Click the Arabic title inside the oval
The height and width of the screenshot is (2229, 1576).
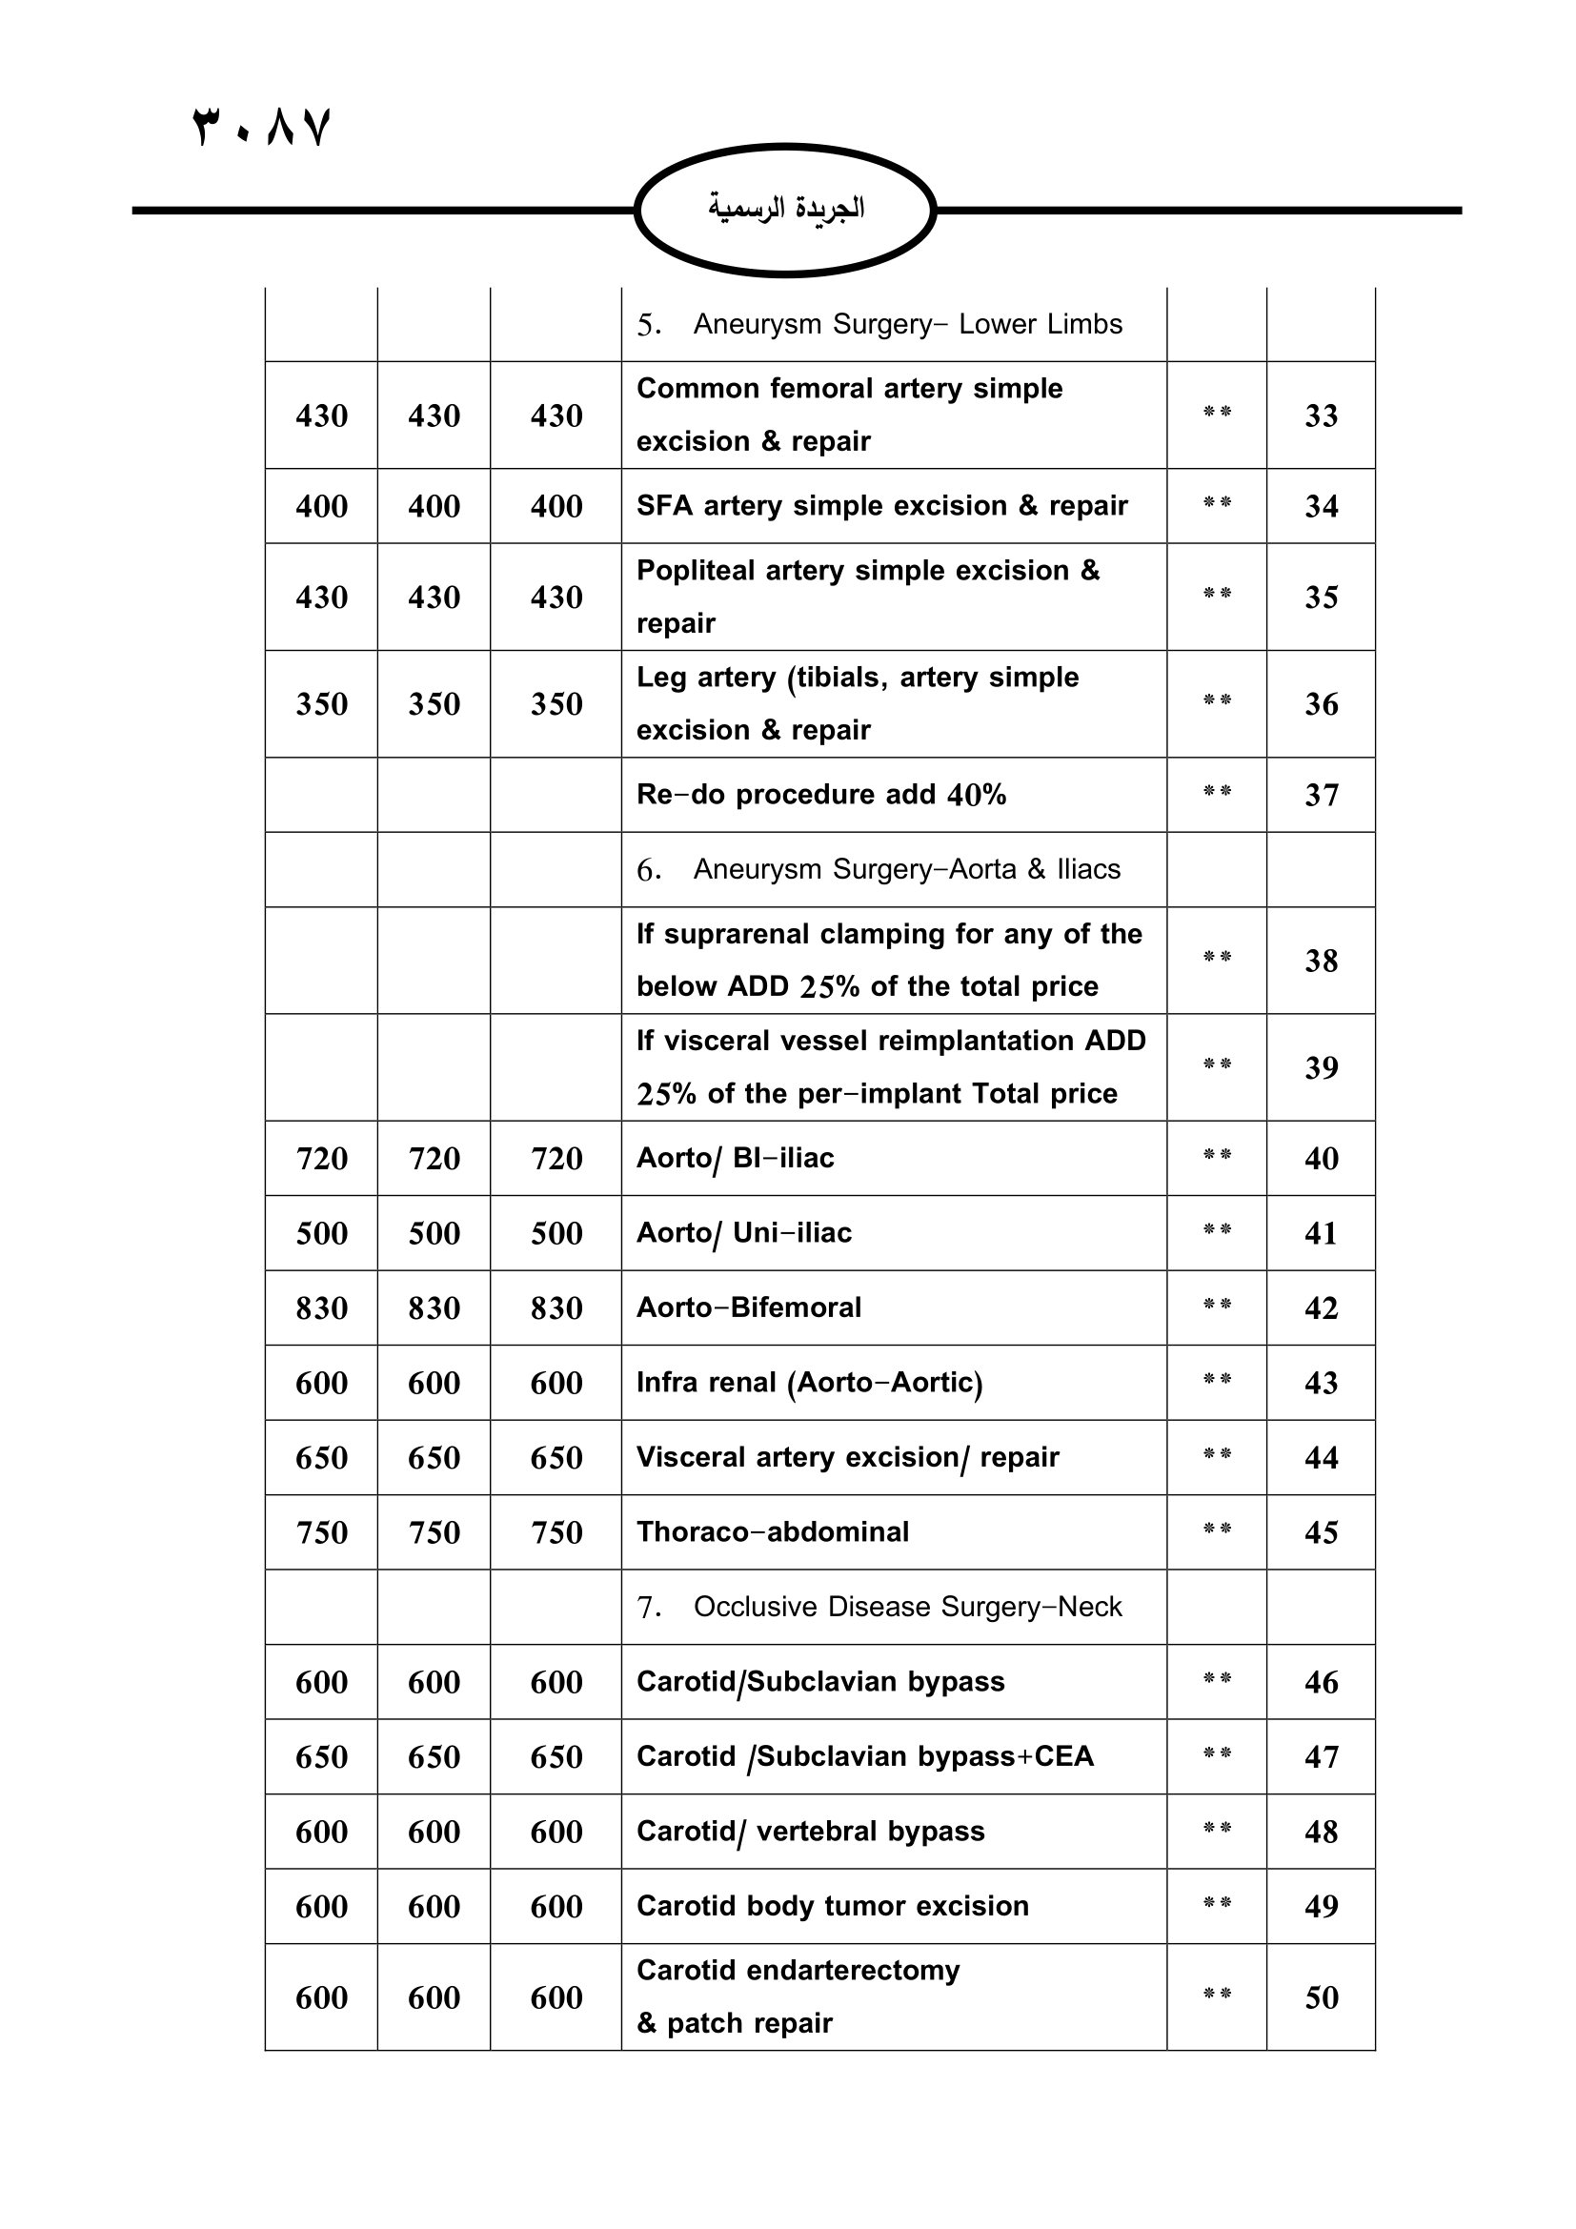(x=785, y=208)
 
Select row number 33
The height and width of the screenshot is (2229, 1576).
(x=1320, y=415)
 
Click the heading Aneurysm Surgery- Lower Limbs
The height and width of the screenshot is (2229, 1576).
(x=906, y=324)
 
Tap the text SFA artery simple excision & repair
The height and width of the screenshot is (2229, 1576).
(x=881, y=506)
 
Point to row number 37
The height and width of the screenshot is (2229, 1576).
(x=1320, y=795)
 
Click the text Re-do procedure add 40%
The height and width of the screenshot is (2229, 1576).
(x=821, y=795)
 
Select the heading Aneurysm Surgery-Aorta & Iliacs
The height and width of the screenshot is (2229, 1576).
(x=905, y=869)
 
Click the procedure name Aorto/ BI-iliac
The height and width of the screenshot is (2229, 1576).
(x=735, y=1158)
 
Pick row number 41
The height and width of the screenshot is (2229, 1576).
(x=1320, y=1233)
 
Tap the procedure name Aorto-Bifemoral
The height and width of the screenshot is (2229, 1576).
(x=748, y=1307)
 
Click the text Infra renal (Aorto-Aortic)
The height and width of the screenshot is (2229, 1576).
(x=809, y=1383)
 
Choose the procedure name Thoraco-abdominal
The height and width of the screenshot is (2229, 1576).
(x=773, y=1532)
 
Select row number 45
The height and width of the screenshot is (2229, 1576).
(x=1320, y=1532)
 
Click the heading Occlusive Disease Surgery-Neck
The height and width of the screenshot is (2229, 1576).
(x=906, y=1607)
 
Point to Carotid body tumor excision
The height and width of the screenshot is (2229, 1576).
(x=832, y=1906)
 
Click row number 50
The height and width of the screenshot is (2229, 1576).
(x=1320, y=1997)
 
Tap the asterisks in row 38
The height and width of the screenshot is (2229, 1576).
(x=1216, y=957)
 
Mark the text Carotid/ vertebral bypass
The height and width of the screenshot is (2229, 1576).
(x=810, y=1831)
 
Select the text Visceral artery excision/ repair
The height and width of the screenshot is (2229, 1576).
(x=847, y=1457)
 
